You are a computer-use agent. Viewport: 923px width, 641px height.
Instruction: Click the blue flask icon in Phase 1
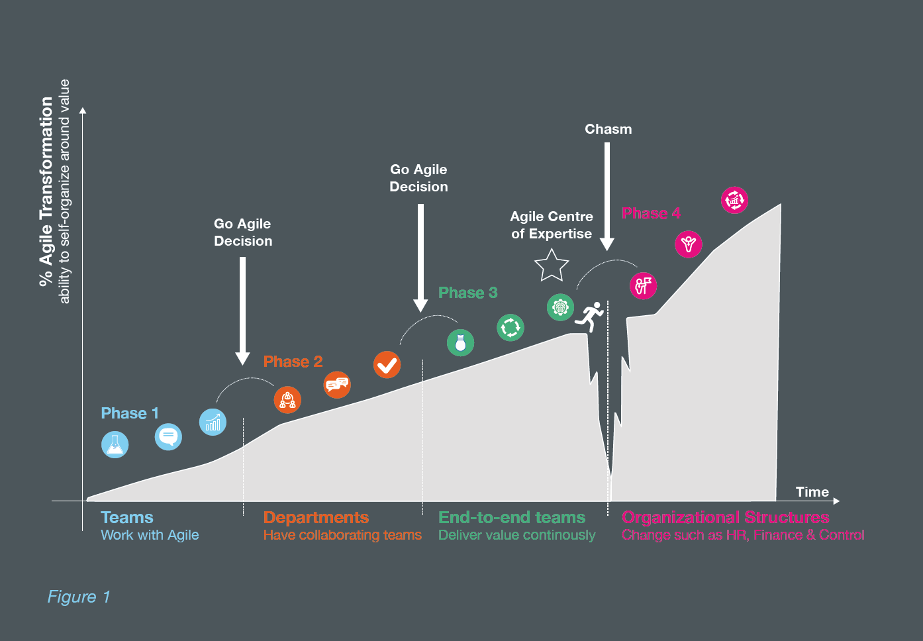click(115, 444)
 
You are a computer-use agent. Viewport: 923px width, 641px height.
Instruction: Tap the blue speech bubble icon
click(168, 436)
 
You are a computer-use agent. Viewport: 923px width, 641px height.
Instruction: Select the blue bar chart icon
click(213, 422)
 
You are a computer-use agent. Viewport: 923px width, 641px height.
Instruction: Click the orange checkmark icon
click(387, 364)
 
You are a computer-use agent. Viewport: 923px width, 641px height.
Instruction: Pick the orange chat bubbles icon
click(337, 385)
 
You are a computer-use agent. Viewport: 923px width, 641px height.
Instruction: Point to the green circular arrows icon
click(510, 328)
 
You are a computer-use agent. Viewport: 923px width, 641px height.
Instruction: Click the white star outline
click(552, 266)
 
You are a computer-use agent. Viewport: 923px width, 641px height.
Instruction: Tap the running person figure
click(590, 317)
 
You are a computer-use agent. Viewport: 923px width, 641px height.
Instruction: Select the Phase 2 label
click(293, 362)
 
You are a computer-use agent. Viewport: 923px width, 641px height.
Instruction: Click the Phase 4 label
click(651, 213)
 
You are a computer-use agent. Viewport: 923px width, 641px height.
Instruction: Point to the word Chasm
click(608, 129)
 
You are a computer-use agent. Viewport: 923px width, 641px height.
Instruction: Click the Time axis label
click(812, 492)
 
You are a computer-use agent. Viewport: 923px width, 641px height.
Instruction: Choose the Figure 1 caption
click(79, 597)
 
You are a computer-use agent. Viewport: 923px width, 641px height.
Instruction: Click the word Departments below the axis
click(316, 517)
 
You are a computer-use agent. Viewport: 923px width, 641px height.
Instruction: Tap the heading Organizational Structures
click(725, 517)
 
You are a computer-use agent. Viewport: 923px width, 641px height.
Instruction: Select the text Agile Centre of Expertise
click(552, 225)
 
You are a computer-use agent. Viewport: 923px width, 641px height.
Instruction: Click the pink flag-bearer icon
click(643, 285)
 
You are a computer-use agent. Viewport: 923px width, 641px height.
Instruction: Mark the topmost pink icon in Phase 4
click(734, 201)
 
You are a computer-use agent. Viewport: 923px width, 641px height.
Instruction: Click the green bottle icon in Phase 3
click(460, 342)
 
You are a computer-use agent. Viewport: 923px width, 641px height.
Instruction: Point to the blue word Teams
click(127, 517)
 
